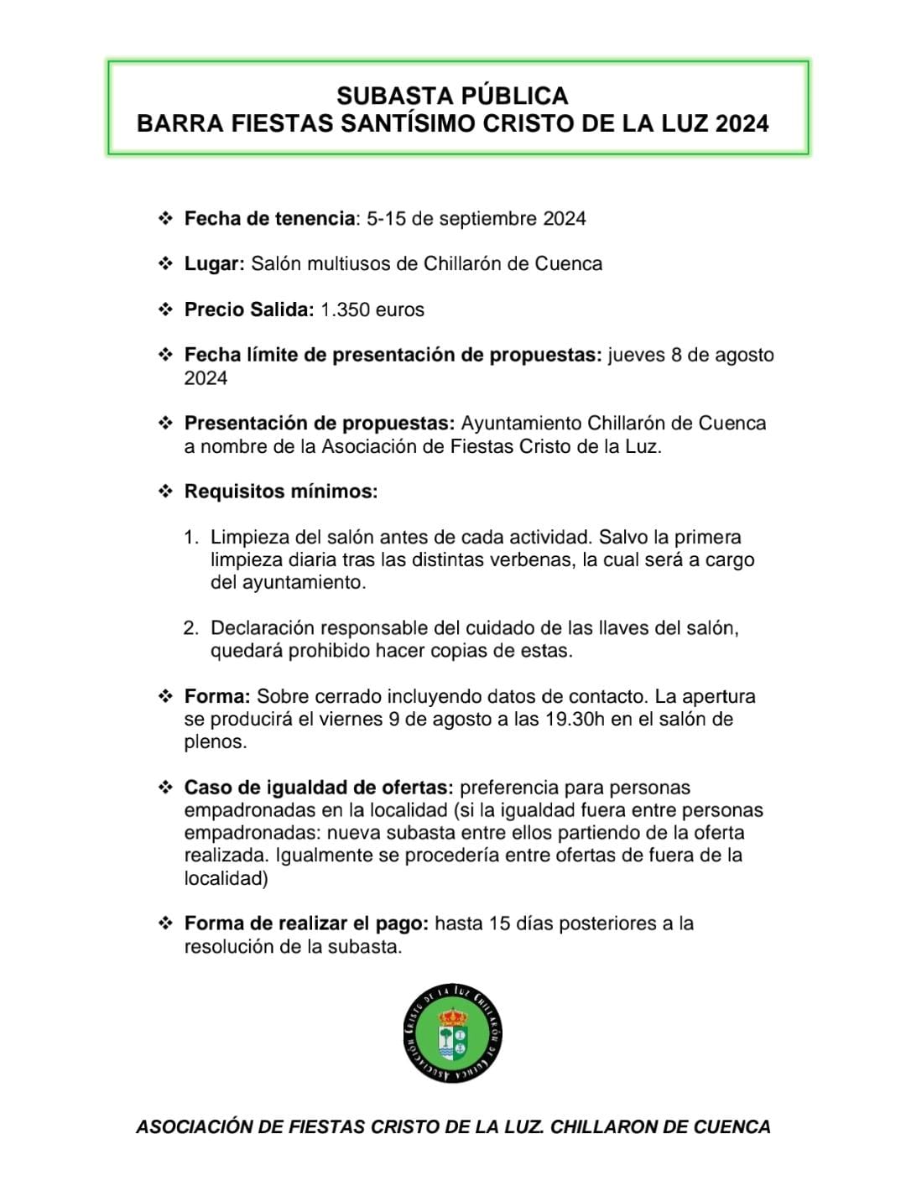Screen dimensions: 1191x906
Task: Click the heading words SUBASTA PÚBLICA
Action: pos(452,95)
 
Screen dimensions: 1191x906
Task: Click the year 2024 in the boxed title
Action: pos(742,123)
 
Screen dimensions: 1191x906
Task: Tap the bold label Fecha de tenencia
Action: pos(269,219)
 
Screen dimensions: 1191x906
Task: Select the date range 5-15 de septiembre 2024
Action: pos(476,219)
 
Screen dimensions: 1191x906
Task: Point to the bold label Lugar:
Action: pos(214,264)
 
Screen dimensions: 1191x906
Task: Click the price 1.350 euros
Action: pos(372,309)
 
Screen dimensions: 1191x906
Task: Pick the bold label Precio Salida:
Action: pos(249,309)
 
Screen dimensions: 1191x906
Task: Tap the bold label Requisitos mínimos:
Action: pos(281,491)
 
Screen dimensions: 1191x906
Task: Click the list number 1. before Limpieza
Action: pos(192,538)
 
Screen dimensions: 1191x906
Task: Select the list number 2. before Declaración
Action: pos(192,628)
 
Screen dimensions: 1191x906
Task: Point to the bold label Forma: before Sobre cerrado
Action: pos(217,697)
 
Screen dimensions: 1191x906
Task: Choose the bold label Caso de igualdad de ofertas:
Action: pos(319,788)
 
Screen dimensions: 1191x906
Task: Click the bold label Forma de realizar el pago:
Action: pos(307,924)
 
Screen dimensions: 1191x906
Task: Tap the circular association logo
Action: pos(453,1032)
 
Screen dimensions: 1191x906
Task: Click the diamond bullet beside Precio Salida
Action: pos(165,309)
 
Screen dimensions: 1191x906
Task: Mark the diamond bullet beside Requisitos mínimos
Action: pos(165,491)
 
